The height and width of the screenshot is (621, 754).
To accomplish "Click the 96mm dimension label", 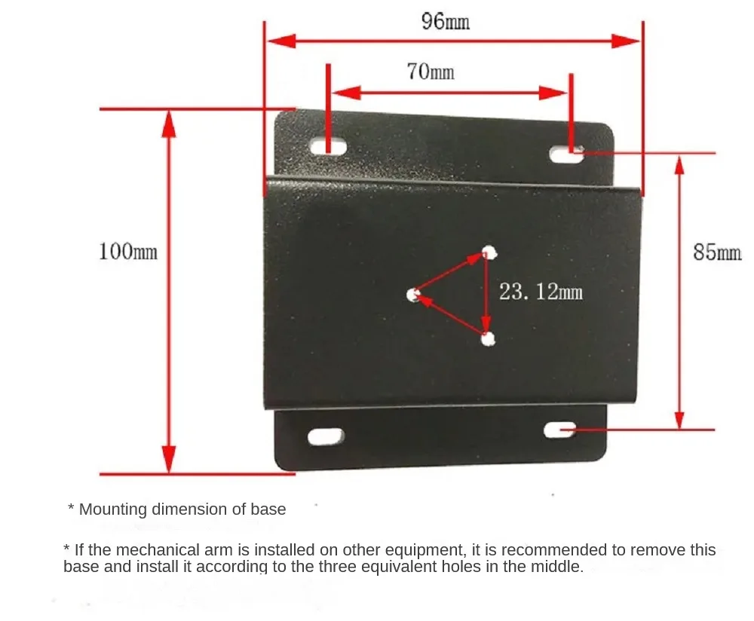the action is click(446, 22).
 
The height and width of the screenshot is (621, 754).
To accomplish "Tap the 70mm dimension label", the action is click(431, 72).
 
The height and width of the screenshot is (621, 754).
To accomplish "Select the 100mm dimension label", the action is click(128, 252).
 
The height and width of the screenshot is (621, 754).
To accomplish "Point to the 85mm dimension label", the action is click(717, 252).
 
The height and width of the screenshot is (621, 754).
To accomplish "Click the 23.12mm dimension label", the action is click(541, 292).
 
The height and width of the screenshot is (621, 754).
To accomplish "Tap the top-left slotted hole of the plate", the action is click(329, 146).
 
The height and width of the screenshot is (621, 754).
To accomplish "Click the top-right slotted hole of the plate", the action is click(566, 154).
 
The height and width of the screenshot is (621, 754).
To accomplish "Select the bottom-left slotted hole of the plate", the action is click(326, 436).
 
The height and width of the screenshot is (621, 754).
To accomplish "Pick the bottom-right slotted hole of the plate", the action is click(559, 430).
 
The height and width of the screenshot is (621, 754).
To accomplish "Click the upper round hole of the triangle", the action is click(489, 252).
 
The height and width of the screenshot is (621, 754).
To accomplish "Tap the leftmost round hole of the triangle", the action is click(413, 295).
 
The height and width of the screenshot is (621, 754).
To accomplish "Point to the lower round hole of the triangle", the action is click(488, 339).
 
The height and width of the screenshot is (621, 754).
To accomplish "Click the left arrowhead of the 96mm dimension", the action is click(282, 41).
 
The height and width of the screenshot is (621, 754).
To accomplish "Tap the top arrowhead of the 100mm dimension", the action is click(168, 124).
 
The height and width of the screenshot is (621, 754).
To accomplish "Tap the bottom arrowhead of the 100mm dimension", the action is click(168, 460).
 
